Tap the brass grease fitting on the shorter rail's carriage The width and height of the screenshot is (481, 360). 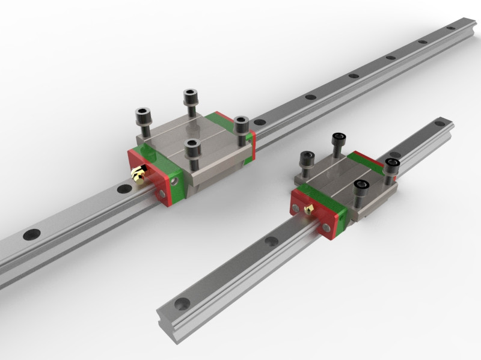tap(309, 208)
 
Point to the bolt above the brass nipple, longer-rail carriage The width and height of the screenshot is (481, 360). tap(144, 118)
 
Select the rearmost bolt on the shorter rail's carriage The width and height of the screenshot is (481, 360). tap(337, 143)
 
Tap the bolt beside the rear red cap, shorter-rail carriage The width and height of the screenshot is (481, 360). tap(392, 168)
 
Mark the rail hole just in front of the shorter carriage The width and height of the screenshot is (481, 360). tap(271, 242)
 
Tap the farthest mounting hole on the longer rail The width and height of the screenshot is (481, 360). tap(451, 28)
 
